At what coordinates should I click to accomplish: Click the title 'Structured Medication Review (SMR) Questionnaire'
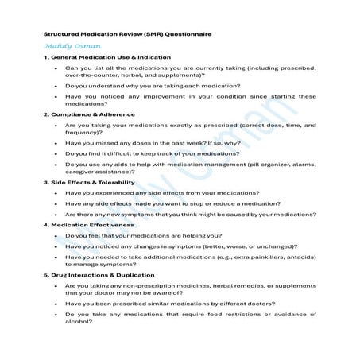[126, 35]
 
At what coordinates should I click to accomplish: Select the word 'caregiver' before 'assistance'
[81, 173]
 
